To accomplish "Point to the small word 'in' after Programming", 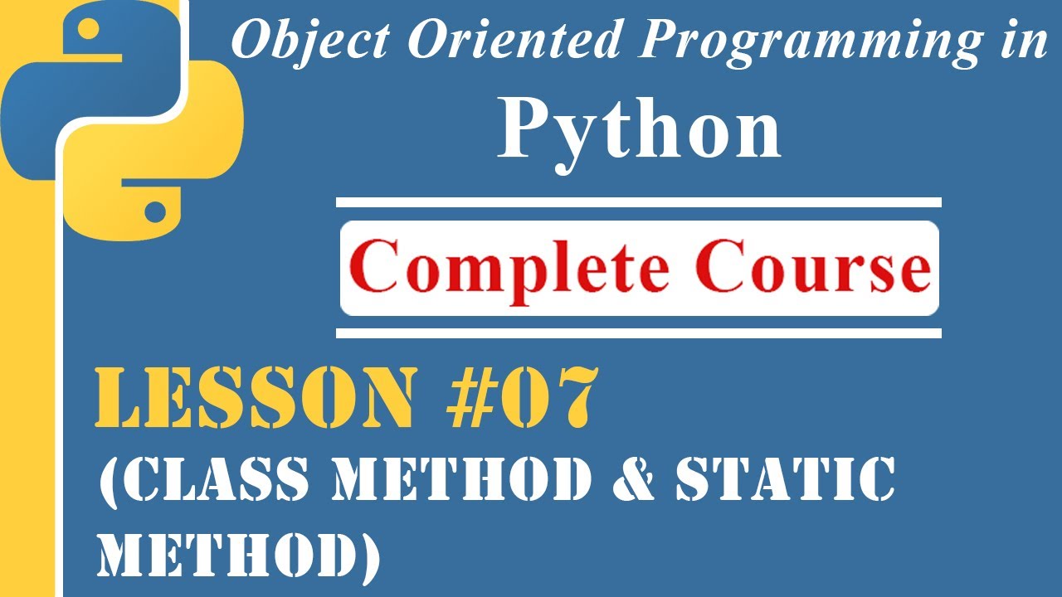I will point(1025,42).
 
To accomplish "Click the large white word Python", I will point(639,133).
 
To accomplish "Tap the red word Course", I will point(813,269).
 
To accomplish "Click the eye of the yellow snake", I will point(154,211).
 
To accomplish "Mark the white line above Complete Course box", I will point(639,202).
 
